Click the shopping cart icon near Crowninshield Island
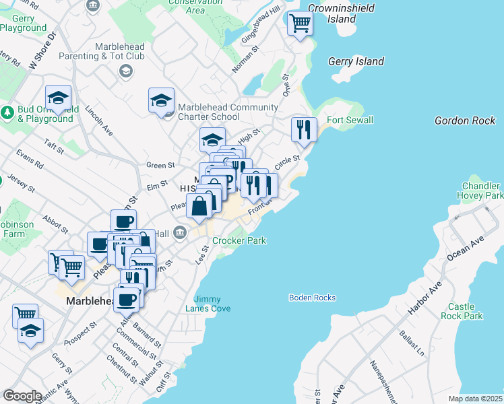point(300,24)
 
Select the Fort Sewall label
point(350,121)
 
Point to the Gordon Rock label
point(465,121)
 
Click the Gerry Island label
point(356,62)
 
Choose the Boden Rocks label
point(312,298)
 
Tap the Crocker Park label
point(239,240)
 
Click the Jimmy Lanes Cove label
point(212,304)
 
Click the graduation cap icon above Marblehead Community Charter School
point(161,100)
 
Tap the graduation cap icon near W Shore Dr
point(59,98)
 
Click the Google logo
point(22,396)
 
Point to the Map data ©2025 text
point(474,399)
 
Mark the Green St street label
point(160,165)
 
